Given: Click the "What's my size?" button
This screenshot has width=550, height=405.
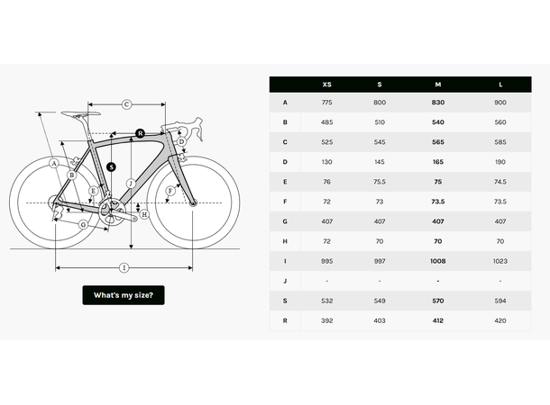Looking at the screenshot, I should pyautogui.click(x=124, y=295).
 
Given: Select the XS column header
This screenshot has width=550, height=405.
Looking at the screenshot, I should pyautogui.click(x=326, y=85).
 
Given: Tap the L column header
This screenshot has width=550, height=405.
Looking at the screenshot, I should pyautogui.click(x=500, y=85).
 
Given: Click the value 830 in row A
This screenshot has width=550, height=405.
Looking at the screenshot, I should pyautogui.click(x=438, y=102).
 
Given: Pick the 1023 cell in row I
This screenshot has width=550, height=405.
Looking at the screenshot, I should pyautogui.click(x=500, y=261).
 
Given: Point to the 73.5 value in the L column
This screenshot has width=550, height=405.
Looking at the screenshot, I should pyautogui.click(x=500, y=202).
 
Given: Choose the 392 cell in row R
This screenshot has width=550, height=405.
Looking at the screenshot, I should pyautogui.click(x=326, y=320).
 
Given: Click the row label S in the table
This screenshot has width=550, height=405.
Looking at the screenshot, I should pyautogui.click(x=286, y=301).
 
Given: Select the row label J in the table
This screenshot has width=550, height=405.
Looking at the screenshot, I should pyautogui.click(x=286, y=281).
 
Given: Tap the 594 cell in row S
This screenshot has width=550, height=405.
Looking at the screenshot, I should pyautogui.click(x=500, y=301).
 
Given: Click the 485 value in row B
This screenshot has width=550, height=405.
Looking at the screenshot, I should pyautogui.click(x=326, y=121).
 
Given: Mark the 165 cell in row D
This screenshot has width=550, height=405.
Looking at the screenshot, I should pyautogui.click(x=438, y=161).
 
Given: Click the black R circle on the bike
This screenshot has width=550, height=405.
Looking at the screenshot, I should pyautogui.click(x=140, y=133).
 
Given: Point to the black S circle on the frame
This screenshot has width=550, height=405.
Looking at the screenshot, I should pyautogui.click(x=110, y=166).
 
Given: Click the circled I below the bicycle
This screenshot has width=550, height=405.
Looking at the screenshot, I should pyautogui.click(x=124, y=267).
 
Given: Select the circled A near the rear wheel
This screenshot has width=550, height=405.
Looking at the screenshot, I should pyautogui.click(x=55, y=163).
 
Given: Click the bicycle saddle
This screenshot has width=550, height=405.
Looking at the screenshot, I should pyautogui.click(x=78, y=112).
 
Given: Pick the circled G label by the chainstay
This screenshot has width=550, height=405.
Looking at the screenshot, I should pyautogui.click(x=83, y=224).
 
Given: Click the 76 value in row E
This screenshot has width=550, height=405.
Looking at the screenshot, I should pyautogui.click(x=326, y=181).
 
